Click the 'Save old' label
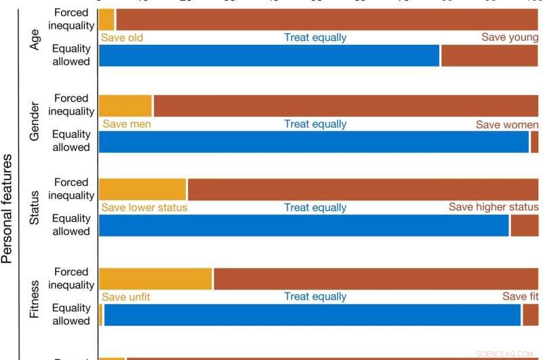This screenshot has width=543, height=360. coord(122,37)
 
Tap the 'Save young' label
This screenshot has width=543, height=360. coord(510,37)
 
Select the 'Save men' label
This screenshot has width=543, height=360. coord(126,124)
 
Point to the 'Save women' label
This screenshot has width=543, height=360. coord(507,124)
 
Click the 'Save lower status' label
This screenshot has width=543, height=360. coord(144,207)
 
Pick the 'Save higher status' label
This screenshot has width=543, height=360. coord(493,207)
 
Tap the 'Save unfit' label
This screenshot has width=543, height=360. coord(126,297)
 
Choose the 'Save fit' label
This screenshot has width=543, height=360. coord(520,297)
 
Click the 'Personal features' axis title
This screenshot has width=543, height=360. coord(7,208)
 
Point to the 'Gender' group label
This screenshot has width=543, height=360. coord(35,123)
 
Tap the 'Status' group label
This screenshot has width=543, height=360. coord(35,208)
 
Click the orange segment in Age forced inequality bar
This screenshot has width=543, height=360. coord(107,20)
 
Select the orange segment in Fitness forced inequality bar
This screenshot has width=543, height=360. coord(155,279)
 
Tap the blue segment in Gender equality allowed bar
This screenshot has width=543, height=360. coord(314,142)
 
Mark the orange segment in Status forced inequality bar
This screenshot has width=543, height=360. coord(143,189)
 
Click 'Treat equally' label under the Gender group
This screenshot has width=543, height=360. coord(315,124)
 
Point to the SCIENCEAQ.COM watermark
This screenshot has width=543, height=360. coord(506,354)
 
